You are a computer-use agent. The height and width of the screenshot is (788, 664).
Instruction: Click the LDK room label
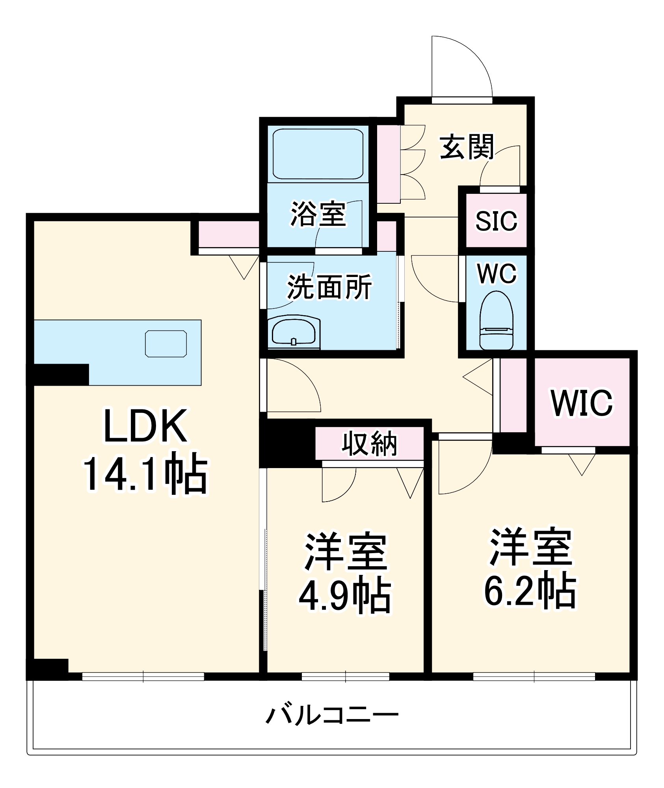[145, 426]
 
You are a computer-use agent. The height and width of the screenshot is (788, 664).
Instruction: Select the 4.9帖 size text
[345, 596]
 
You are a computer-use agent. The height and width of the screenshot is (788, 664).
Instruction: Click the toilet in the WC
[497, 321]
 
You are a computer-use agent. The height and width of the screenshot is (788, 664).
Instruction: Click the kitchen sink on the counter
[166, 344]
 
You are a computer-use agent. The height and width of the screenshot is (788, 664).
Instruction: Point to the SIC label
[496, 221]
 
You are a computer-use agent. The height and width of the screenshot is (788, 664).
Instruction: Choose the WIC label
[582, 403]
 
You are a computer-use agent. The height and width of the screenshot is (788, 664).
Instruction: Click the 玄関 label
[467, 147]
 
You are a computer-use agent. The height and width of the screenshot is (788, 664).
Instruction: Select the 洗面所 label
[329, 287]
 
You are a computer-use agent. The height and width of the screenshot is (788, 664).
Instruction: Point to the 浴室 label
[318, 214]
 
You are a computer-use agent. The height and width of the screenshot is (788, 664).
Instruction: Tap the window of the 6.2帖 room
[534, 676]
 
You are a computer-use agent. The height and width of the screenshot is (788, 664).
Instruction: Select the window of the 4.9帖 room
[346, 676]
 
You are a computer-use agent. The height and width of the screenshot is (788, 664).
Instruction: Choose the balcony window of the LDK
[143, 676]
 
